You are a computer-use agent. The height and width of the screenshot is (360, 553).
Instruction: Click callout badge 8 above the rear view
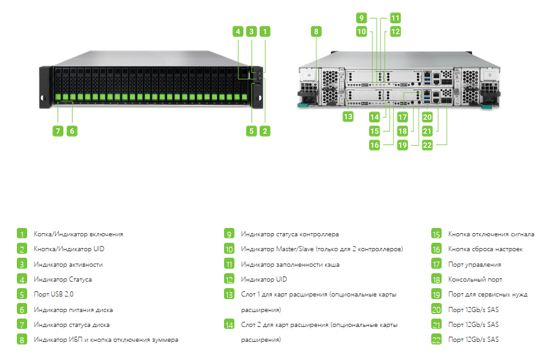click(x=316, y=31)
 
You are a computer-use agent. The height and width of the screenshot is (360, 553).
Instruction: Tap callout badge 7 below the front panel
click(x=58, y=131)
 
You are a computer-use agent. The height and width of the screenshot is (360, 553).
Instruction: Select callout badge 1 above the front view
click(x=265, y=31)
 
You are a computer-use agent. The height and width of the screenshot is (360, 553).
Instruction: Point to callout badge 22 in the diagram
click(x=427, y=145)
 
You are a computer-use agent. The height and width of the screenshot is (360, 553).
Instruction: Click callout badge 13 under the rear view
click(x=348, y=117)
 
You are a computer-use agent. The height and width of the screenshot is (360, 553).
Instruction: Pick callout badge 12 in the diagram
click(x=396, y=31)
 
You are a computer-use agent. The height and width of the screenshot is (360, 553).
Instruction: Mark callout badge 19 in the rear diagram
click(x=402, y=145)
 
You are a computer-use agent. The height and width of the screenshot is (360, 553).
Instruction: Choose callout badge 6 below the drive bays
click(x=72, y=131)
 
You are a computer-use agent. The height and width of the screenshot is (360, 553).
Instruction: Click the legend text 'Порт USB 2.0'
click(x=54, y=294)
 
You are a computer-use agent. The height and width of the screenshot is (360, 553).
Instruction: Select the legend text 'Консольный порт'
click(x=475, y=279)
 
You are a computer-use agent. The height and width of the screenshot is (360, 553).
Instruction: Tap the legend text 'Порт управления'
click(x=475, y=264)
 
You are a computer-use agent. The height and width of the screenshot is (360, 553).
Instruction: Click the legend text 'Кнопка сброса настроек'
click(x=485, y=249)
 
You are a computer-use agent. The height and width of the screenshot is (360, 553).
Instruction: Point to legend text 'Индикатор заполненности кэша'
click(x=290, y=264)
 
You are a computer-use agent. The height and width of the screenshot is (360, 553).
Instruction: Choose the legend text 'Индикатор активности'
click(x=68, y=264)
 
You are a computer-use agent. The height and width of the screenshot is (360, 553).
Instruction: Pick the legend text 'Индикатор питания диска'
click(x=73, y=309)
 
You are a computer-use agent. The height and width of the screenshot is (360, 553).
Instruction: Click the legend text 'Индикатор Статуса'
click(x=63, y=279)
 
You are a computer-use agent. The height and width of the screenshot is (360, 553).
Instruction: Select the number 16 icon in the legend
click(x=436, y=249)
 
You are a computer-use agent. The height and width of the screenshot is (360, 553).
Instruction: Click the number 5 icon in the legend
click(x=22, y=294)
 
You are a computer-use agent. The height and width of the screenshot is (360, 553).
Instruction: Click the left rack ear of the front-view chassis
click(x=46, y=87)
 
